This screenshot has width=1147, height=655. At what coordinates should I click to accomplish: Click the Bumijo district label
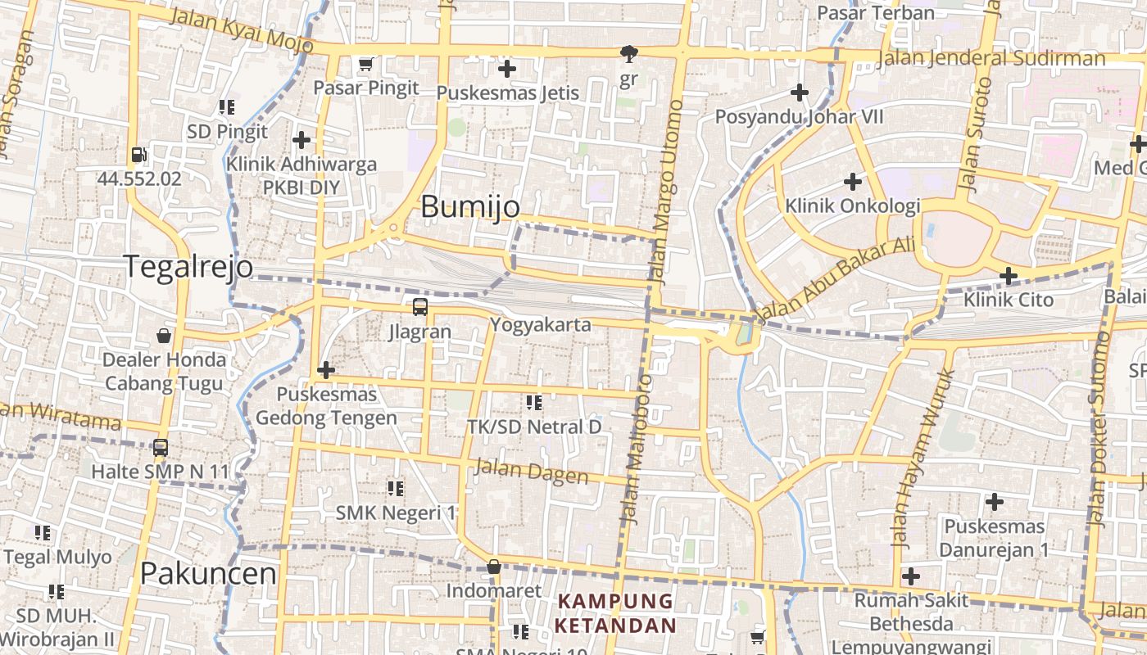[470, 207]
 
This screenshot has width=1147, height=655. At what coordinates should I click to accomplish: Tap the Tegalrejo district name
[188, 267]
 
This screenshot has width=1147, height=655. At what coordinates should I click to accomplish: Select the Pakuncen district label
[208, 573]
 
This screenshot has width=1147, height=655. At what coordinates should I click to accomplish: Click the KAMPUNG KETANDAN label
[615, 614]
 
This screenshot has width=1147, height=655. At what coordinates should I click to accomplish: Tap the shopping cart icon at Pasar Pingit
[366, 64]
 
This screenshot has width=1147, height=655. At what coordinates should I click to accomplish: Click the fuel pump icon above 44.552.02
[138, 154]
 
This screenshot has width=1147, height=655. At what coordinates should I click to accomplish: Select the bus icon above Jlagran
[419, 307]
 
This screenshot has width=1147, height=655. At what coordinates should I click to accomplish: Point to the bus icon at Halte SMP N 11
[161, 448]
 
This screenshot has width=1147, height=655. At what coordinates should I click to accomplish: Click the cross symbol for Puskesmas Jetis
[507, 69]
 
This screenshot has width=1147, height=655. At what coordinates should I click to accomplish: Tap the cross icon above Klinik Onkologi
[853, 182]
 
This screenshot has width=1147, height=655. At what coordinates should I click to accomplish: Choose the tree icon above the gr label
[628, 55]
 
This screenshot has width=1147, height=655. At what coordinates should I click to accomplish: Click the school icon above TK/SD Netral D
[534, 402]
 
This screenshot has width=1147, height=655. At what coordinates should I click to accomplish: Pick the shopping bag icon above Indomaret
[494, 567]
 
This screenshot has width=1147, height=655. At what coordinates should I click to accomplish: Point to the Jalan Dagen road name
[531, 472]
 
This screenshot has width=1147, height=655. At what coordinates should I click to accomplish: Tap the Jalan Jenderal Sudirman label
[991, 59]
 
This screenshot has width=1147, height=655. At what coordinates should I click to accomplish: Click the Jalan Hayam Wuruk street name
[923, 458]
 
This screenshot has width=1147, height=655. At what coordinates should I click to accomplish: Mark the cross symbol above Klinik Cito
[1009, 276]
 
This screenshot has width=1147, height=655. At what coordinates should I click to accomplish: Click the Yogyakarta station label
[540, 325]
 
